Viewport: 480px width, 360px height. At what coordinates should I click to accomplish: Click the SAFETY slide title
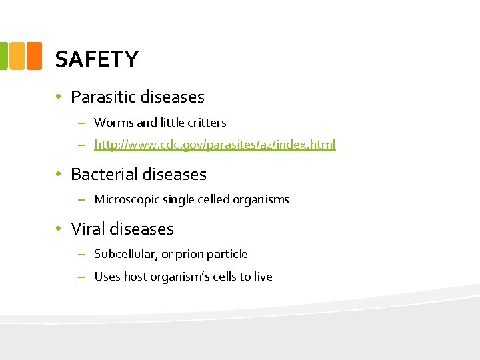pos(97,59)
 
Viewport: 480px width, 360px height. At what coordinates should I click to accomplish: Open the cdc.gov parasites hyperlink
pos(215,144)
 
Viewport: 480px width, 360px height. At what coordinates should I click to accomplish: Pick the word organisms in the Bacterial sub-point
pos(261,199)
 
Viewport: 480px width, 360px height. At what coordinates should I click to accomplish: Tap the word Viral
pos(88,229)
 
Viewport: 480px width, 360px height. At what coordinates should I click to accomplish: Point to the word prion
pos(189,254)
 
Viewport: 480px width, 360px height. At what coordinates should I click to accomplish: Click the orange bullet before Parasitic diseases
pos(59,97)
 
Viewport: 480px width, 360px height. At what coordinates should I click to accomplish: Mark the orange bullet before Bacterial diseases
pos(59,175)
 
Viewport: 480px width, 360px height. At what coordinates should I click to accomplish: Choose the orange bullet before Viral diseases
pos(59,229)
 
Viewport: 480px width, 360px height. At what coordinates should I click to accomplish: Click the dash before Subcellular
pos(81,254)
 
